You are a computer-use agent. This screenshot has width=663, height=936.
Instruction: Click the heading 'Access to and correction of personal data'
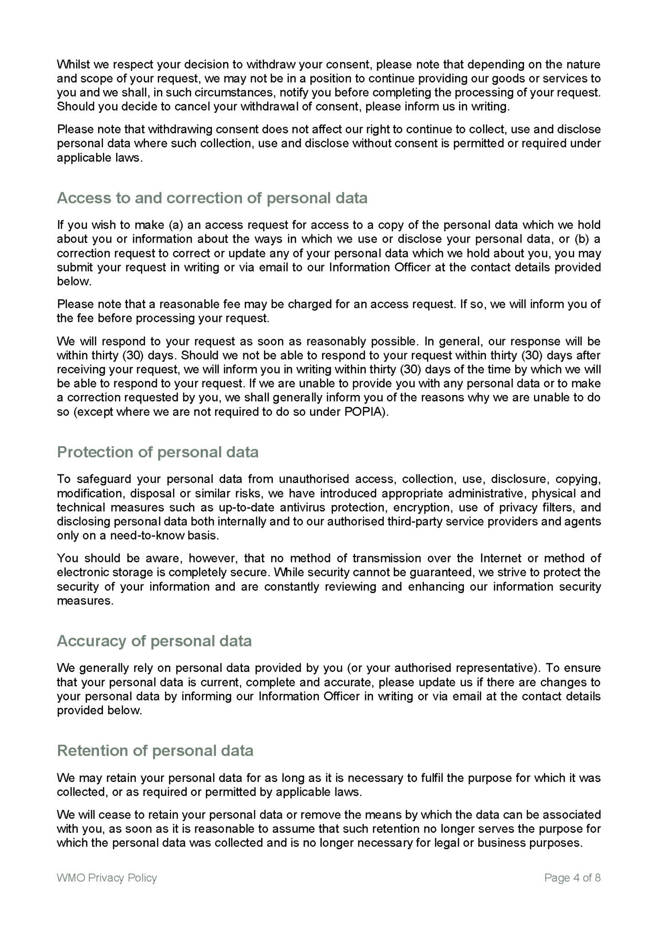[x=212, y=198]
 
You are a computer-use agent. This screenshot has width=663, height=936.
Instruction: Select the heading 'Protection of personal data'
[x=157, y=452]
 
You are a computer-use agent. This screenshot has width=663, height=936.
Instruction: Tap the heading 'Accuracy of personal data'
[x=154, y=641]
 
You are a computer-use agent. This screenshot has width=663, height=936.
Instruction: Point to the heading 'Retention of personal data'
[x=155, y=750]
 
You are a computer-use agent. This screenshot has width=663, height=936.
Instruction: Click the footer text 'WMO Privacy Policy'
[x=107, y=877]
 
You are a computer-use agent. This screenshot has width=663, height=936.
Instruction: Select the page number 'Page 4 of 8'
[x=572, y=877]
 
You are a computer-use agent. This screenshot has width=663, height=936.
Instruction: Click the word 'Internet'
[x=500, y=558]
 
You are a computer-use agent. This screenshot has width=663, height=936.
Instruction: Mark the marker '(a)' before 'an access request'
[x=176, y=225]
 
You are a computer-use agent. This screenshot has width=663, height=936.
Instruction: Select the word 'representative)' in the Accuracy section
[x=491, y=668]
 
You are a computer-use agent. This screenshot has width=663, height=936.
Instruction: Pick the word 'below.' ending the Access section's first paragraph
[x=74, y=282]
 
